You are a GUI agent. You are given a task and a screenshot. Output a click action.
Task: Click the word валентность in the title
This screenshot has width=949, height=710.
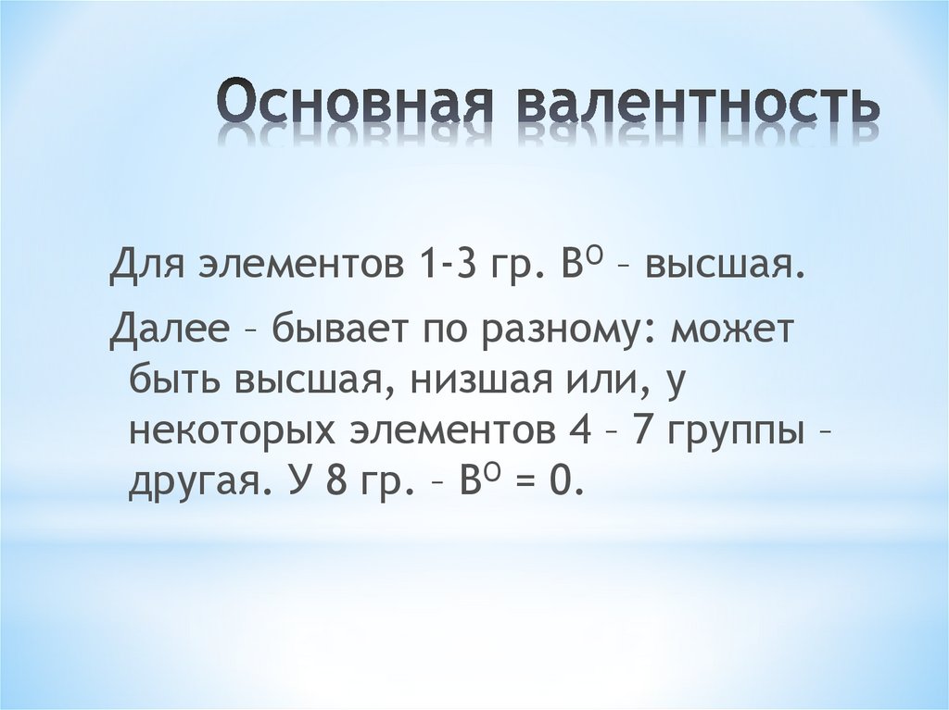coord(697,104)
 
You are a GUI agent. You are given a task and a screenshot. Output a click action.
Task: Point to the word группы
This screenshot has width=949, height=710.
coord(742,433)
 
